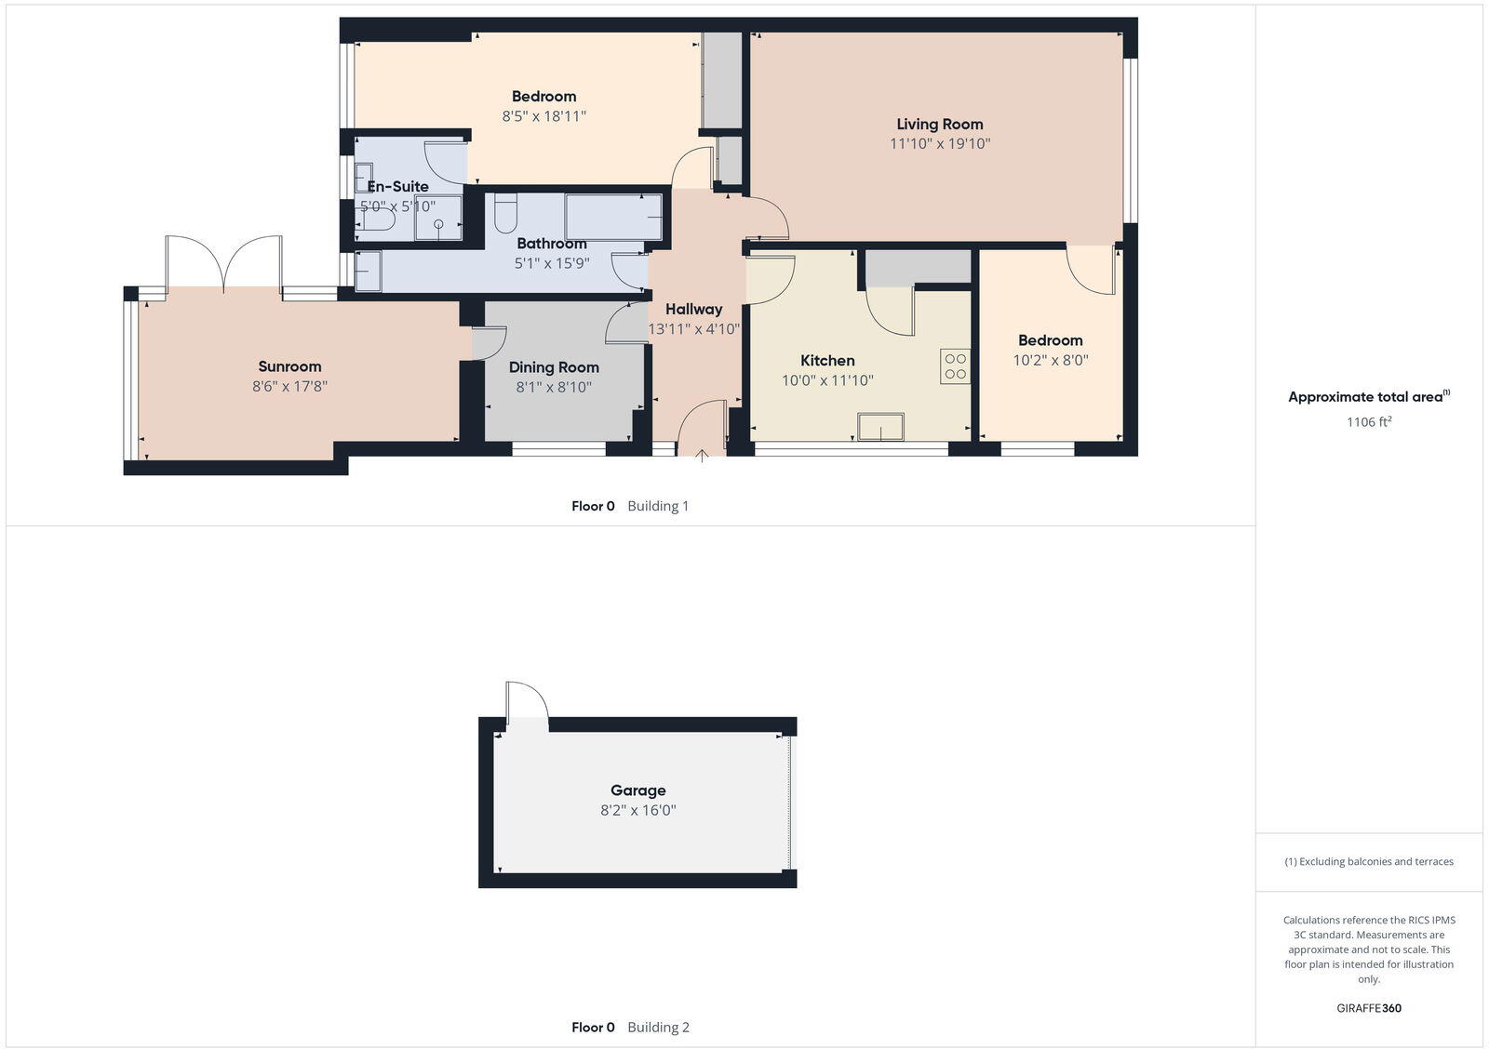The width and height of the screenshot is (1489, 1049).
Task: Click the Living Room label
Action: [x=939, y=124]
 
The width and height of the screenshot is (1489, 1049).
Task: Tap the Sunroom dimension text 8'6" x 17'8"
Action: [x=289, y=386]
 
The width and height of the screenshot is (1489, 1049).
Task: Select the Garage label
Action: [x=637, y=790]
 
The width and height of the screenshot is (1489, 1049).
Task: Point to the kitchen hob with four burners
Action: [x=955, y=366]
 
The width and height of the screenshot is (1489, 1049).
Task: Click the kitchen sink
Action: [x=880, y=427]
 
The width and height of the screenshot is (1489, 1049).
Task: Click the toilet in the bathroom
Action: [x=505, y=214]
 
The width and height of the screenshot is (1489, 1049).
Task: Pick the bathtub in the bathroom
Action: [x=612, y=217]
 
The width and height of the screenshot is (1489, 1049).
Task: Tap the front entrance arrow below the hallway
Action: [x=702, y=455]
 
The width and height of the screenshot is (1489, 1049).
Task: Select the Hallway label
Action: [x=693, y=309]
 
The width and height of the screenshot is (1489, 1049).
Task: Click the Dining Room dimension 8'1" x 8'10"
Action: [x=554, y=387]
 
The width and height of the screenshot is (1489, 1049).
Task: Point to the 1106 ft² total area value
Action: [x=1369, y=421]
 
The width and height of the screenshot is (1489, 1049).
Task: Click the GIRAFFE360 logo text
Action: [x=1369, y=1008]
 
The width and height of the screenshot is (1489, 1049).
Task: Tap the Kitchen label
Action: [x=827, y=360]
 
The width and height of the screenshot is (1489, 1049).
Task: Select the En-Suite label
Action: [x=397, y=186]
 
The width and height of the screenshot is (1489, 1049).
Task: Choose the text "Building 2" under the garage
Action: [x=658, y=1027]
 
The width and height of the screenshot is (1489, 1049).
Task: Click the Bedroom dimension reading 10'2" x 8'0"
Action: [x=1050, y=360]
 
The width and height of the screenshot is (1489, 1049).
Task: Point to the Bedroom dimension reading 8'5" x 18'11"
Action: [x=543, y=116]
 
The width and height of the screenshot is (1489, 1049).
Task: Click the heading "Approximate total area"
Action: [x=1365, y=397]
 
